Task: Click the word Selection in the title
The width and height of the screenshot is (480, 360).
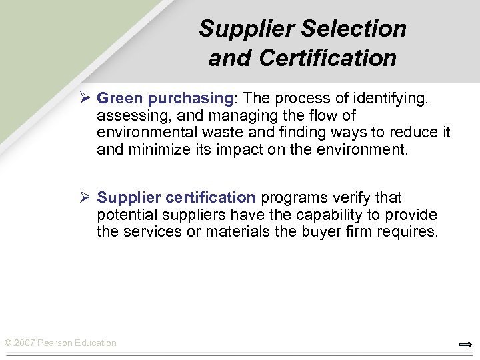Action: point(353,29)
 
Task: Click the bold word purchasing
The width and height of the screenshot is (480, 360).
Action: point(189,99)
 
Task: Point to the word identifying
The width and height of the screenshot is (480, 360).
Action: point(393,99)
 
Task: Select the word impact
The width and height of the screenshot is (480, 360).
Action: point(237,149)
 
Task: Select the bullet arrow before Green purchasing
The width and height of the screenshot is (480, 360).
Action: point(84,99)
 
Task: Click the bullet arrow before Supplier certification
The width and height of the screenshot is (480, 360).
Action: point(84,198)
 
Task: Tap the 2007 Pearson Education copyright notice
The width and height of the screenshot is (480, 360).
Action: point(60,343)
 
